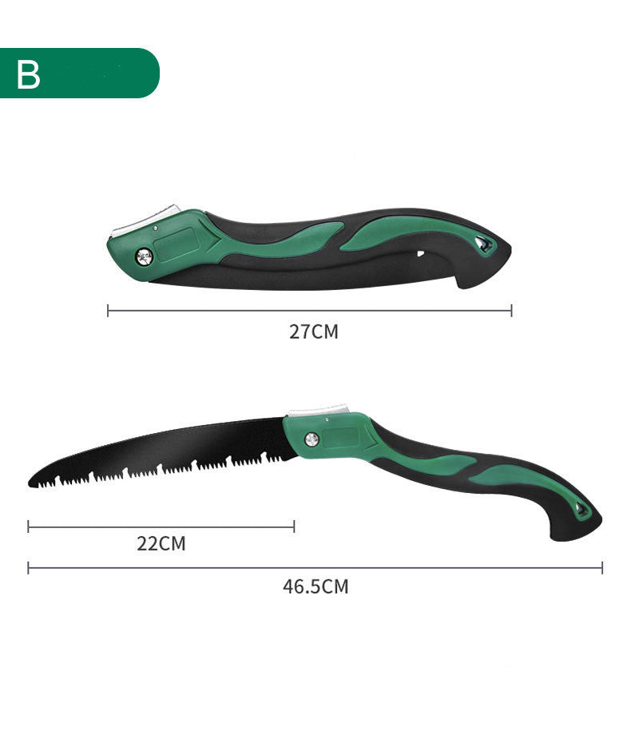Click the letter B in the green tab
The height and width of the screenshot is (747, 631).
click(x=29, y=74)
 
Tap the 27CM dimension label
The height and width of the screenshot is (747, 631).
click(x=313, y=332)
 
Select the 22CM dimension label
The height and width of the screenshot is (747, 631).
click(x=161, y=544)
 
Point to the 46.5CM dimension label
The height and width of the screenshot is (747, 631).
click(x=315, y=586)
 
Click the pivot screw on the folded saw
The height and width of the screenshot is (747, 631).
click(x=145, y=256)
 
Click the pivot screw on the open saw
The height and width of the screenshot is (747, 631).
click(x=312, y=439)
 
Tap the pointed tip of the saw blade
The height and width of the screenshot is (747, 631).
click(x=31, y=483)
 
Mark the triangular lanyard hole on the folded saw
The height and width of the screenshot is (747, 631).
click(x=482, y=245)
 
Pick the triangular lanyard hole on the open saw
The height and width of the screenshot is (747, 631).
click(x=582, y=509)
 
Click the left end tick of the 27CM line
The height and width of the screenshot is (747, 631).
click(x=108, y=310)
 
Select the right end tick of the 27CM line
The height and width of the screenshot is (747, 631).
click(x=511, y=310)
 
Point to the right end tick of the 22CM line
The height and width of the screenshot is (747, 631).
click(x=294, y=526)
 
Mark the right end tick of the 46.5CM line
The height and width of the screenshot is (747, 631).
click(x=602, y=568)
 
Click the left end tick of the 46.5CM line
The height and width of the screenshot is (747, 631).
click(x=28, y=568)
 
